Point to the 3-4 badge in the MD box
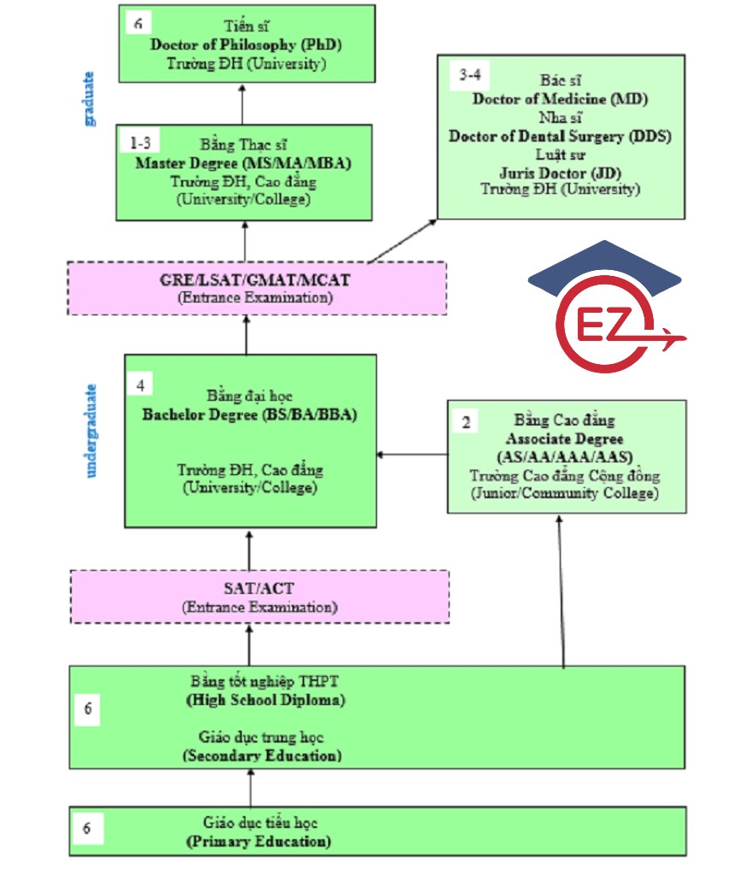click(469, 75)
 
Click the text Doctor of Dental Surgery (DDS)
click(560, 136)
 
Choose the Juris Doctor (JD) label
click(560, 172)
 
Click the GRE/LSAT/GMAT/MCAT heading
click(256, 280)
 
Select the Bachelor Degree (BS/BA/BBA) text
click(250, 415)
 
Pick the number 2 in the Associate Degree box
click(466, 422)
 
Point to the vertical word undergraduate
click(91, 430)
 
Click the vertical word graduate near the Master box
click(91, 98)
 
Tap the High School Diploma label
click(265, 700)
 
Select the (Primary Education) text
click(258, 842)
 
